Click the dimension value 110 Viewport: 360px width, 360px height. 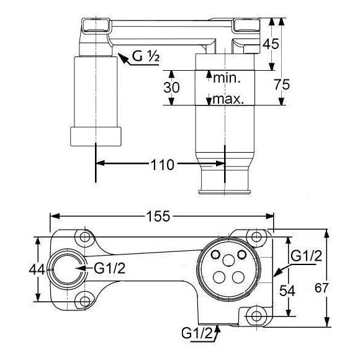click(162, 165)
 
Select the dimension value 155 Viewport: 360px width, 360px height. click(158, 216)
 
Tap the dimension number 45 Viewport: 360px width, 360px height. click(271, 44)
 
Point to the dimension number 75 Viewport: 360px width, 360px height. click(282, 84)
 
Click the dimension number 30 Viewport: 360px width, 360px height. click(171, 88)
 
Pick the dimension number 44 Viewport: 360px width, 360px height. click(37, 269)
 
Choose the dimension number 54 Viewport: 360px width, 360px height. click(287, 291)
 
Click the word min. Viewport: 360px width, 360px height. click(227, 78)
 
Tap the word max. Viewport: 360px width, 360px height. click(228, 99)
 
